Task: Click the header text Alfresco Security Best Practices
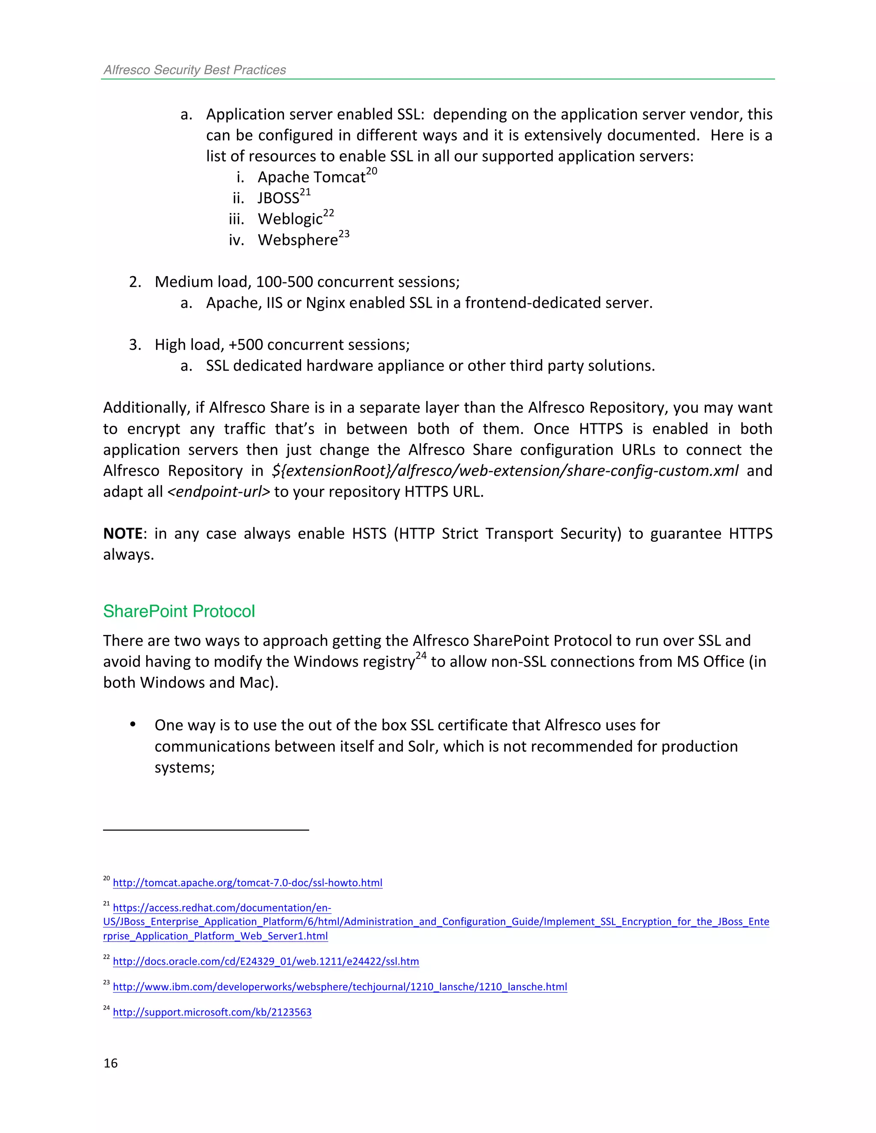coord(195,70)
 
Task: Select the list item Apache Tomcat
coord(311,177)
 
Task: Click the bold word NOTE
coord(122,533)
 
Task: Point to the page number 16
coord(110,1063)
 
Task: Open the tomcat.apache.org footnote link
coord(248,882)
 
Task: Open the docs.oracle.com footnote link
coord(266,961)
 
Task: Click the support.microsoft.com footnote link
coord(212,1012)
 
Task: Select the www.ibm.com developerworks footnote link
coord(340,987)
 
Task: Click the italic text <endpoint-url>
coord(219,492)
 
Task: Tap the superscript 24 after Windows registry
coord(421,656)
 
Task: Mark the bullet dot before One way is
coord(133,725)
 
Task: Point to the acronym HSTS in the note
coord(369,533)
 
